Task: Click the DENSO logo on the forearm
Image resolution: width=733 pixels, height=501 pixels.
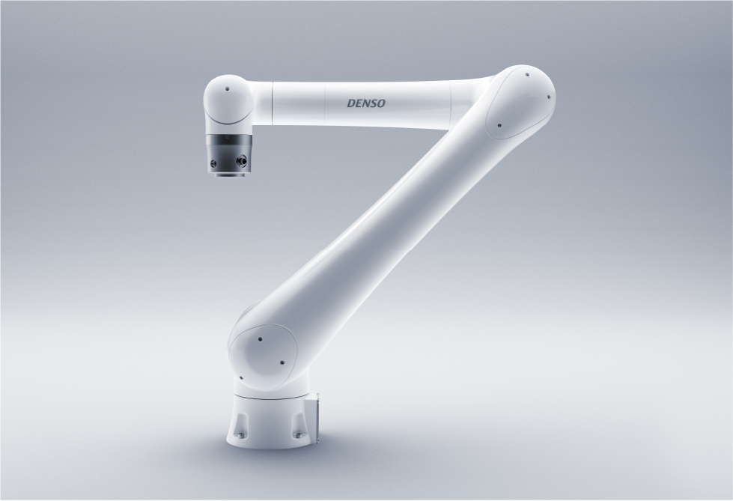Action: (x=366, y=103)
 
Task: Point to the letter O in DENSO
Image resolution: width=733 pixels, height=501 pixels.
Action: (x=381, y=103)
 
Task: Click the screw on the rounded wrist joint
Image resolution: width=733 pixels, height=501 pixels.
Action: (x=227, y=89)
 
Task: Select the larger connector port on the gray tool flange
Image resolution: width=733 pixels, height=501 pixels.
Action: (x=242, y=160)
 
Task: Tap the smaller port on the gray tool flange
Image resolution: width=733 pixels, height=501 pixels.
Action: (x=213, y=163)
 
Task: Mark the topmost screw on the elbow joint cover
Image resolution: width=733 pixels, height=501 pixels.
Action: (x=527, y=74)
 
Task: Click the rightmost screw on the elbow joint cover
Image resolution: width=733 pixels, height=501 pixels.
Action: (x=549, y=97)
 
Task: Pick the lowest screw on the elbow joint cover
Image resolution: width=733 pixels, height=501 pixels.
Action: (x=499, y=125)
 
